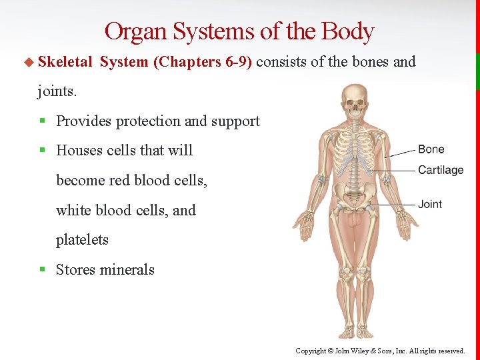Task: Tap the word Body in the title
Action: [347, 32]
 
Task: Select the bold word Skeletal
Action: [65, 62]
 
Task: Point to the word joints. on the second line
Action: [57, 91]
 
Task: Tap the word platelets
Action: [82, 240]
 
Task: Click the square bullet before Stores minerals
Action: [42, 270]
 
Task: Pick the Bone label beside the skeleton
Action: [431, 149]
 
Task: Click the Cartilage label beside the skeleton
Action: [440, 170]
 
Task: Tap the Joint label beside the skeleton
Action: [430, 204]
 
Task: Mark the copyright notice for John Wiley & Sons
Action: [380, 351]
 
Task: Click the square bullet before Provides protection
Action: [42, 121]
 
